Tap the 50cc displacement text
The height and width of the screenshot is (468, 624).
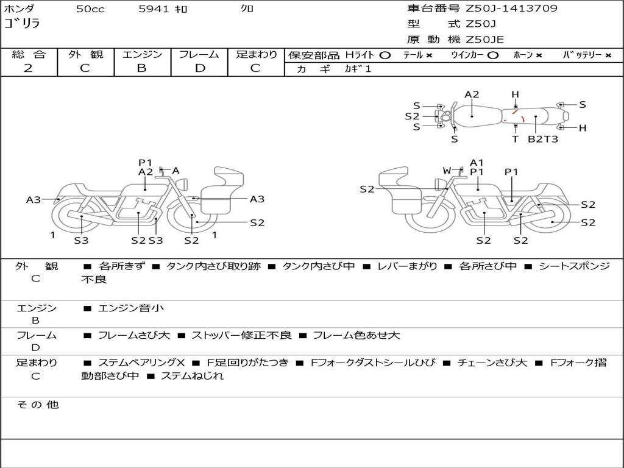(x=89, y=9)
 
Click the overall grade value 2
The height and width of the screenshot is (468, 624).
(x=28, y=68)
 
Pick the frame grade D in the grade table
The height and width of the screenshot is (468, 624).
(x=200, y=68)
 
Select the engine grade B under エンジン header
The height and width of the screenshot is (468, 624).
(x=142, y=68)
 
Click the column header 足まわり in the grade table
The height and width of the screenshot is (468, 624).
(x=257, y=55)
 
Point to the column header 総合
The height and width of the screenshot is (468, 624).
(x=28, y=55)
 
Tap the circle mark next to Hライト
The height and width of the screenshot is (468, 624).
(x=385, y=55)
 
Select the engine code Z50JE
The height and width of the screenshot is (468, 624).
(x=484, y=40)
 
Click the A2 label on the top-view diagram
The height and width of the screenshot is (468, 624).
(x=472, y=94)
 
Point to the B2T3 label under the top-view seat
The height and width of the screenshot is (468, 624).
(x=542, y=139)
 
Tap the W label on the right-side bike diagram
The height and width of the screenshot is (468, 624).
(x=447, y=171)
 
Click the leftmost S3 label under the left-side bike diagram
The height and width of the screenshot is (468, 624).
(x=81, y=240)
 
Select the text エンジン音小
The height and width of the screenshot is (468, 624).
(x=130, y=308)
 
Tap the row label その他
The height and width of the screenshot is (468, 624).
(x=37, y=405)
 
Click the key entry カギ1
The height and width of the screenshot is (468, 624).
(x=358, y=69)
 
